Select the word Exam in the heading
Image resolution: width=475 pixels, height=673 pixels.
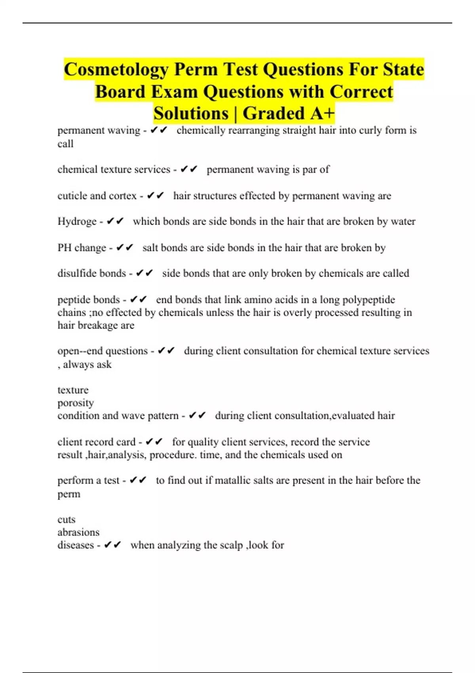174,92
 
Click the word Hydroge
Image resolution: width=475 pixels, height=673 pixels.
77,221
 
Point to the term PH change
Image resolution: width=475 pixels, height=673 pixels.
82,248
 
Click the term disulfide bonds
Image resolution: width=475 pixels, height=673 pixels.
91,274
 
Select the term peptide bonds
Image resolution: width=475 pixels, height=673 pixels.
89,300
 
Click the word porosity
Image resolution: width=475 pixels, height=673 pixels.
76,403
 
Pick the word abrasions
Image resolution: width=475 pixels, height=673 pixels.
78,532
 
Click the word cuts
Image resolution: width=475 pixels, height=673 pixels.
66,519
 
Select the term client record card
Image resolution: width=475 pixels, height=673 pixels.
97,442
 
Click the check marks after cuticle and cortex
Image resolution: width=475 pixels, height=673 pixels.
155,196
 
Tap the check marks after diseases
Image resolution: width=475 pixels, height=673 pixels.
112,545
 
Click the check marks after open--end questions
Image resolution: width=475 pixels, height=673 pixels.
166,351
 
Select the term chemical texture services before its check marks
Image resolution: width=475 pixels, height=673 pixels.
114,169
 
